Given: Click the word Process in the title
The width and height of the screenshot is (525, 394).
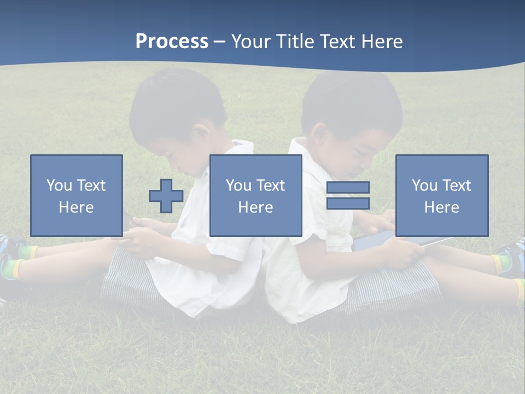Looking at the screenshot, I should click(172, 42).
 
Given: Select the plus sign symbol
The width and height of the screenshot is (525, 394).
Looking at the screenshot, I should click(166, 196).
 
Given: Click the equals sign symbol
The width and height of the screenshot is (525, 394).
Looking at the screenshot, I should click(348, 195).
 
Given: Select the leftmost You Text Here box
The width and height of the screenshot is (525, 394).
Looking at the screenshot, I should click(77, 195).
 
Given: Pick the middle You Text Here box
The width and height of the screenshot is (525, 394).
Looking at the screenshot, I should click(256, 195).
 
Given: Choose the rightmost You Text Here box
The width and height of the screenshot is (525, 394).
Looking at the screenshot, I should click(442, 195).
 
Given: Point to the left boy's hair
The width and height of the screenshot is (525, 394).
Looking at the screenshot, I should click(175, 104).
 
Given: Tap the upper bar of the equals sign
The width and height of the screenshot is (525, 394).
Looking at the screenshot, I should click(348, 188).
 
